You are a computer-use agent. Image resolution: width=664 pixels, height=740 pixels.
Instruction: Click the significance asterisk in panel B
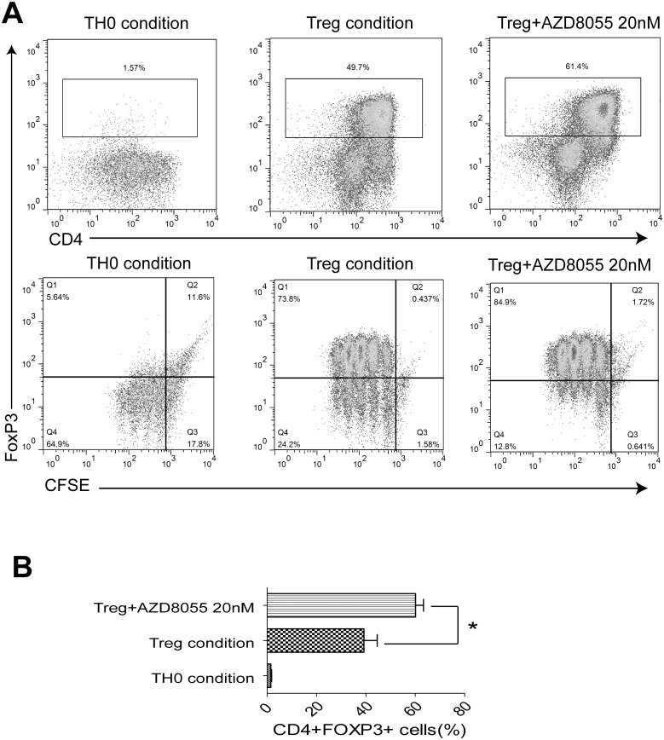point(471,629)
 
